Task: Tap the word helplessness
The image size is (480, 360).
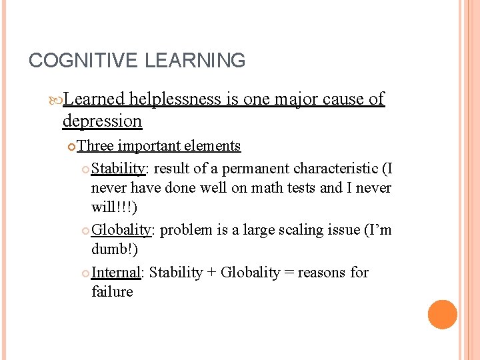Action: [175, 99]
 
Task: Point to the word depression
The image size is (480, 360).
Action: [102, 121]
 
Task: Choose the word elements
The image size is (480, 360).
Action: [212, 146]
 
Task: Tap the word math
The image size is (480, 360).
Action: [265, 188]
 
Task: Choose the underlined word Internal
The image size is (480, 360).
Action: [117, 272]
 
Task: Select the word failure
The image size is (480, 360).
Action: [112, 292]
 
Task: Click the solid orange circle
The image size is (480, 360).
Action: [443, 314]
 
